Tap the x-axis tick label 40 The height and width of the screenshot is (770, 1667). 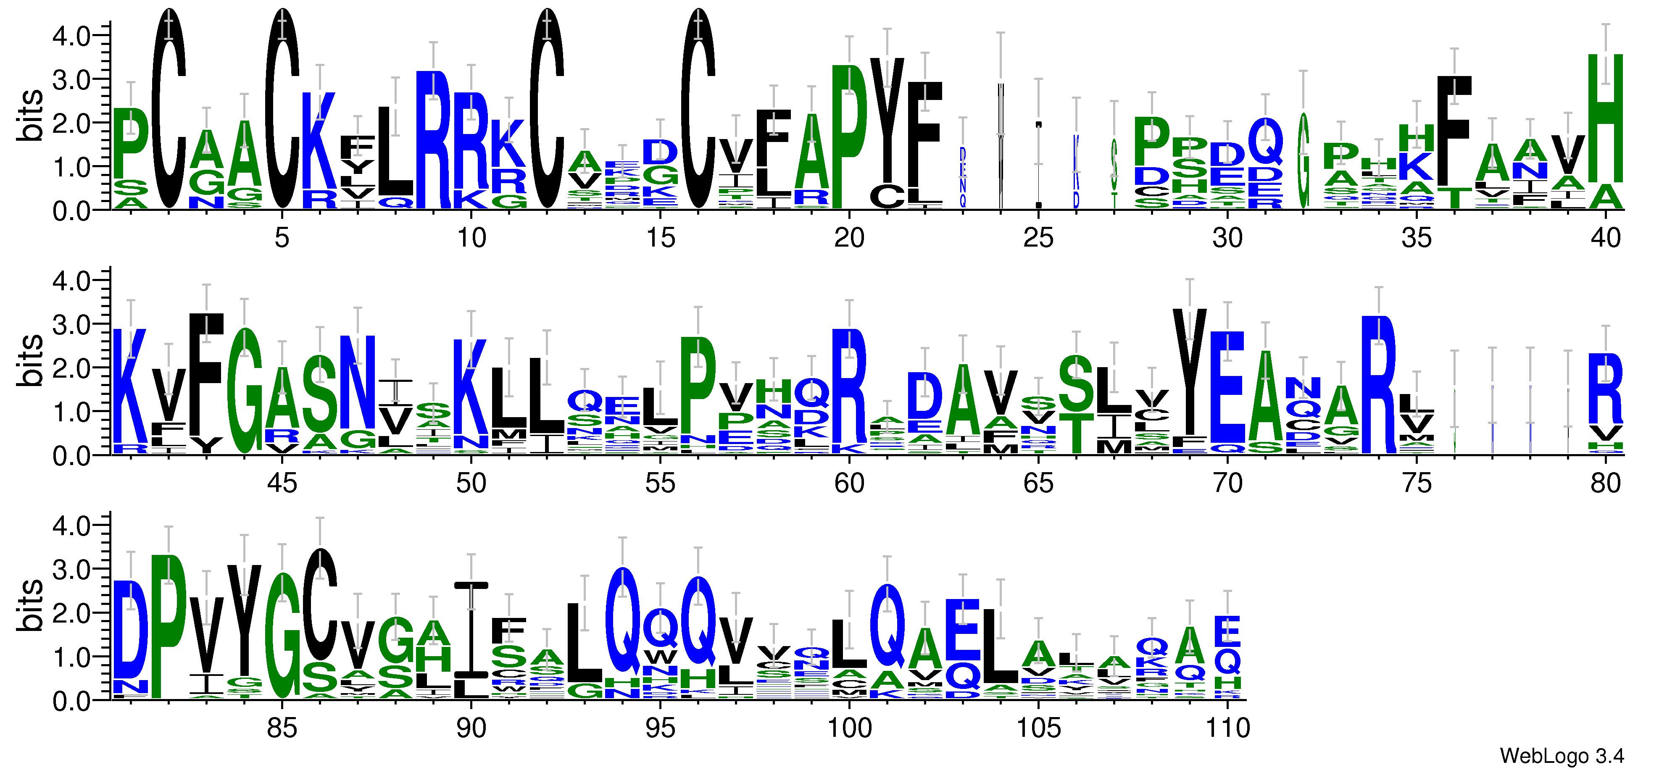click(x=1606, y=238)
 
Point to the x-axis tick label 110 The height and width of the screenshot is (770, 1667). click(x=1227, y=728)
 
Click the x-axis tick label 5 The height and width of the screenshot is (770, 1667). click(x=282, y=238)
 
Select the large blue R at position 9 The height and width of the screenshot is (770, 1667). click(x=433, y=139)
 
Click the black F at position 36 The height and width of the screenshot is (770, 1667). click(x=1454, y=129)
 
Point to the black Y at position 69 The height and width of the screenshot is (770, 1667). click(x=1189, y=372)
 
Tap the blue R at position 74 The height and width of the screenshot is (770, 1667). click(x=1378, y=385)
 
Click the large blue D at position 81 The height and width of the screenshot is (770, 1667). click(x=131, y=628)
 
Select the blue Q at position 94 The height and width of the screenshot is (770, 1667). click(x=622, y=621)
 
